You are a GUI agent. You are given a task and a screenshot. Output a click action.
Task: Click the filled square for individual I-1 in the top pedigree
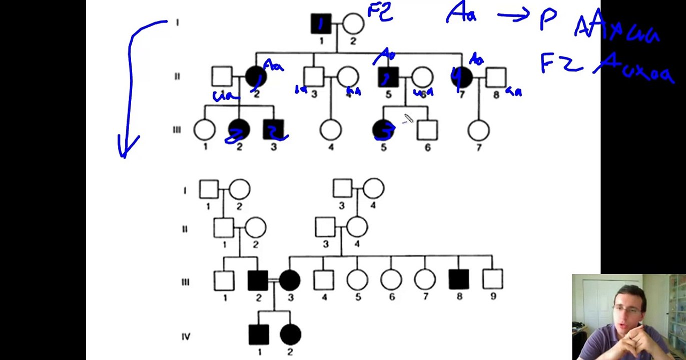(x=321, y=23)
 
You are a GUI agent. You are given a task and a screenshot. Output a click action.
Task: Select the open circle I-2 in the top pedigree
(x=353, y=23)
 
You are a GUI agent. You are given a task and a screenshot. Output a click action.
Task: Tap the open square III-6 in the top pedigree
(x=427, y=130)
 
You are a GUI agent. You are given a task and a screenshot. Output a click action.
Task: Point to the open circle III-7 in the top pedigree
(x=478, y=130)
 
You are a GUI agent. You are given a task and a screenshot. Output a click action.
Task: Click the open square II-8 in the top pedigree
(x=496, y=77)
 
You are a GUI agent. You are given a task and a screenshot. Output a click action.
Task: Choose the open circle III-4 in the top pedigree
(x=330, y=130)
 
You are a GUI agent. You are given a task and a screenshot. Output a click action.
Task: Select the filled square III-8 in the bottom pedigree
(x=459, y=280)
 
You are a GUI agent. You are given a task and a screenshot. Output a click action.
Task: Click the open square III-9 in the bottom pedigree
(x=493, y=280)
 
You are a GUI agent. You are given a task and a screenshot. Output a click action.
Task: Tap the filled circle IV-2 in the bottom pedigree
(x=290, y=334)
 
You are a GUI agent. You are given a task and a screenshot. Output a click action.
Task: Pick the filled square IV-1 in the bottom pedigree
(x=258, y=334)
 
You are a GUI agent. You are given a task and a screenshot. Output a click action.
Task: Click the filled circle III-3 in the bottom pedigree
(x=290, y=280)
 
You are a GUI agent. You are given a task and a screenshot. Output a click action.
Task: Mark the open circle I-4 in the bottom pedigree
(x=373, y=189)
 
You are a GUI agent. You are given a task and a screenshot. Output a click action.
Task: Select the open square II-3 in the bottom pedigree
(x=325, y=227)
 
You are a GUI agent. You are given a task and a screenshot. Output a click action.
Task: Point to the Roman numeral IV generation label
(x=186, y=336)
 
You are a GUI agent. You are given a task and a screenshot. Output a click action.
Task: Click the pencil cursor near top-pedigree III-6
(x=408, y=118)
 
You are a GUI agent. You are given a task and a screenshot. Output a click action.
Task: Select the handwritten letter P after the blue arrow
(x=547, y=20)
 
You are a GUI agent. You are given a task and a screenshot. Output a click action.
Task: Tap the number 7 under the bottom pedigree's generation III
(x=425, y=296)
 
